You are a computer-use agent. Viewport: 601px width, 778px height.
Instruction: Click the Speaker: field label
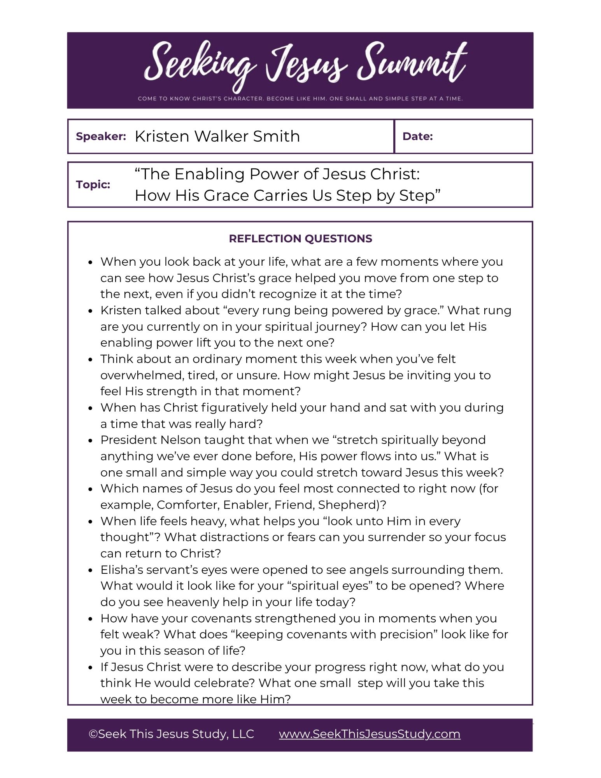pyautogui.click(x=101, y=137)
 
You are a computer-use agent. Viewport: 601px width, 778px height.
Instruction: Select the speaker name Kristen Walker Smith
pyautogui.click(x=217, y=137)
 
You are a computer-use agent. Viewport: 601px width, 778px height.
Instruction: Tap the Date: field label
pyautogui.click(x=417, y=137)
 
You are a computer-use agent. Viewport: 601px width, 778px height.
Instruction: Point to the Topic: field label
pyautogui.click(x=93, y=184)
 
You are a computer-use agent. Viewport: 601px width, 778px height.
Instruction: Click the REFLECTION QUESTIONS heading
pyautogui.click(x=300, y=238)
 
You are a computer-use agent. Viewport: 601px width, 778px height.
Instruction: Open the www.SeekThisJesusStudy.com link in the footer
pyautogui.click(x=370, y=734)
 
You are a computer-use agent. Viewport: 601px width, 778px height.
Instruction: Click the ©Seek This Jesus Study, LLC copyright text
pyautogui.click(x=171, y=734)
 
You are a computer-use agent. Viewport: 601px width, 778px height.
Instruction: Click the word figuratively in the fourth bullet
pyautogui.click(x=234, y=408)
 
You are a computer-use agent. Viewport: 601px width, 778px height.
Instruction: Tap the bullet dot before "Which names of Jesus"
pyautogui.click(x=91, y=489)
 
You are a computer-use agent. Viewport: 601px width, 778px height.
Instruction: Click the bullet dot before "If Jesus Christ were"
pyautogui.click(x=91, y=668)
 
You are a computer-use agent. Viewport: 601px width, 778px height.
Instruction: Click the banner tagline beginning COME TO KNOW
pyautogui.click(x=300, y=99)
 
